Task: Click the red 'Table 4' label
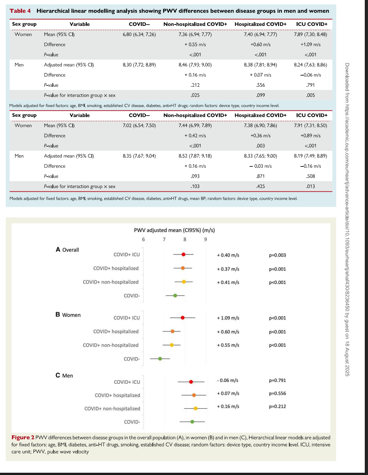pos(20,11)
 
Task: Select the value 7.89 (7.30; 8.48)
pos(310,34)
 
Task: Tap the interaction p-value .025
pos(195,95)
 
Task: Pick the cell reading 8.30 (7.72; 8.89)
pos(139,65)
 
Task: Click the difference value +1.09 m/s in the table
pos(310,44)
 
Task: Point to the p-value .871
pos(260,176)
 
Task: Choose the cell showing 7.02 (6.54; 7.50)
pos(139,125)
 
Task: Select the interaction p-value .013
pos(310,186)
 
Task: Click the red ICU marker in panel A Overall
pos(183,254)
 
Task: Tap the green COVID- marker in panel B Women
pos(160,359)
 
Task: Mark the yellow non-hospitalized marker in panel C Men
pos(196,408)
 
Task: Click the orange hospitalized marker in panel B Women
pos(172,331)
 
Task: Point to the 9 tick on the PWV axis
pos(205,239)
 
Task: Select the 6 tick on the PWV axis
pos(143,239)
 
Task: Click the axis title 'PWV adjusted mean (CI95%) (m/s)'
pos(174,230)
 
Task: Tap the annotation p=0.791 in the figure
pos(277,380)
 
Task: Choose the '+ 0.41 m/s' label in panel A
pos(228,282)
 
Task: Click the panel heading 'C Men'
pos(64,375)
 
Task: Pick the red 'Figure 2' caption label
pos(23,437)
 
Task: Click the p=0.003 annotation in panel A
pos(277,255)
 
